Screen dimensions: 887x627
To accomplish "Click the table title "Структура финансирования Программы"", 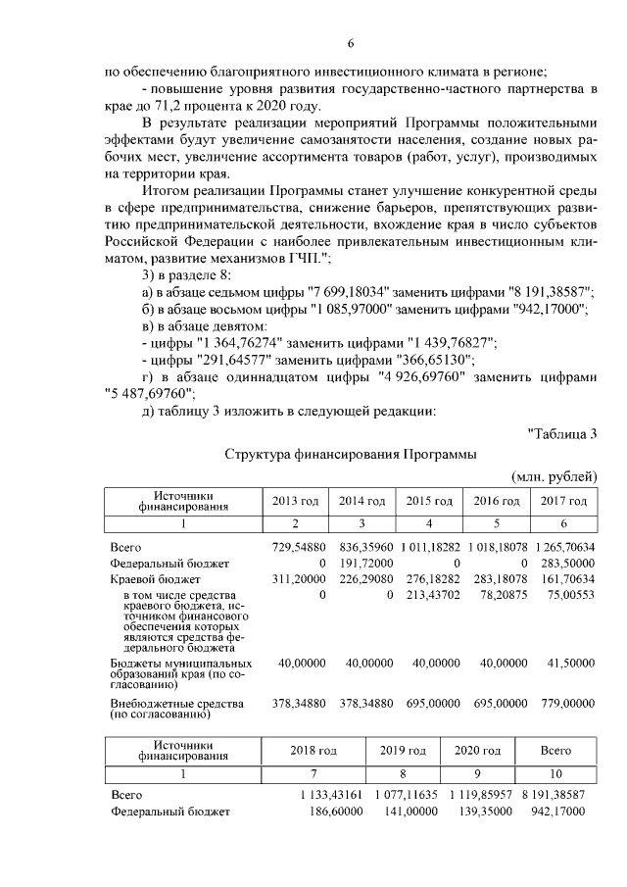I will (x=350, y=455).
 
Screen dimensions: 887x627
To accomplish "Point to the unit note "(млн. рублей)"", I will (x=555, y=476).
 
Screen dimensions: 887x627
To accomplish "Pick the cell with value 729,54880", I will (x=298, y=546).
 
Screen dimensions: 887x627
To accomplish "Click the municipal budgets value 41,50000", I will (x=564, y=664).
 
